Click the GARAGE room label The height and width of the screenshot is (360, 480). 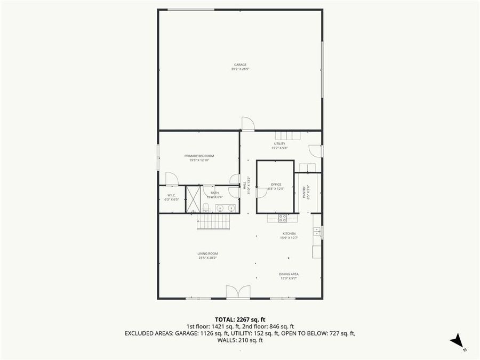click(x=239, y=65)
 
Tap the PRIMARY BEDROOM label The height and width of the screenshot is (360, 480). click(x=198, y=156)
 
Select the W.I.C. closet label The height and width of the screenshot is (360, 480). click(x=171, y=196)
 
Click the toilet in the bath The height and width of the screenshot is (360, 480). click(x=205, y=207)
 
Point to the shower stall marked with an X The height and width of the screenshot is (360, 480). click(x=193, y=199)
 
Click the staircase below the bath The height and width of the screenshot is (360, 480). click(x=213, y=221)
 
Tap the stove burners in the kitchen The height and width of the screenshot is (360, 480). click(x=283, y=218)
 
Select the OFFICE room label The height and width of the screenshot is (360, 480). click(x=275, y=185)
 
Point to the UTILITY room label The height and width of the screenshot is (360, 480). click(x=279, y=143)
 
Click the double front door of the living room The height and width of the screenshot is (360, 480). click(x=238, y=292)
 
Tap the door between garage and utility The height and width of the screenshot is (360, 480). click(x=247, y=124)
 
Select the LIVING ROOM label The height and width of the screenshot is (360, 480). click(x=207, y=253)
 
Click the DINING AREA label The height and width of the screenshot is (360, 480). click(x=289, y=274)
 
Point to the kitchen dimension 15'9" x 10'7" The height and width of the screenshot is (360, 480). click(x=289, y=238)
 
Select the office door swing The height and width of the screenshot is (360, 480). click(x=261, y=192)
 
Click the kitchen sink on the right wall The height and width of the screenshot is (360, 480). click(x=317, y=231)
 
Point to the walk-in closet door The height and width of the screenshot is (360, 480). click(x=171, y=179)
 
